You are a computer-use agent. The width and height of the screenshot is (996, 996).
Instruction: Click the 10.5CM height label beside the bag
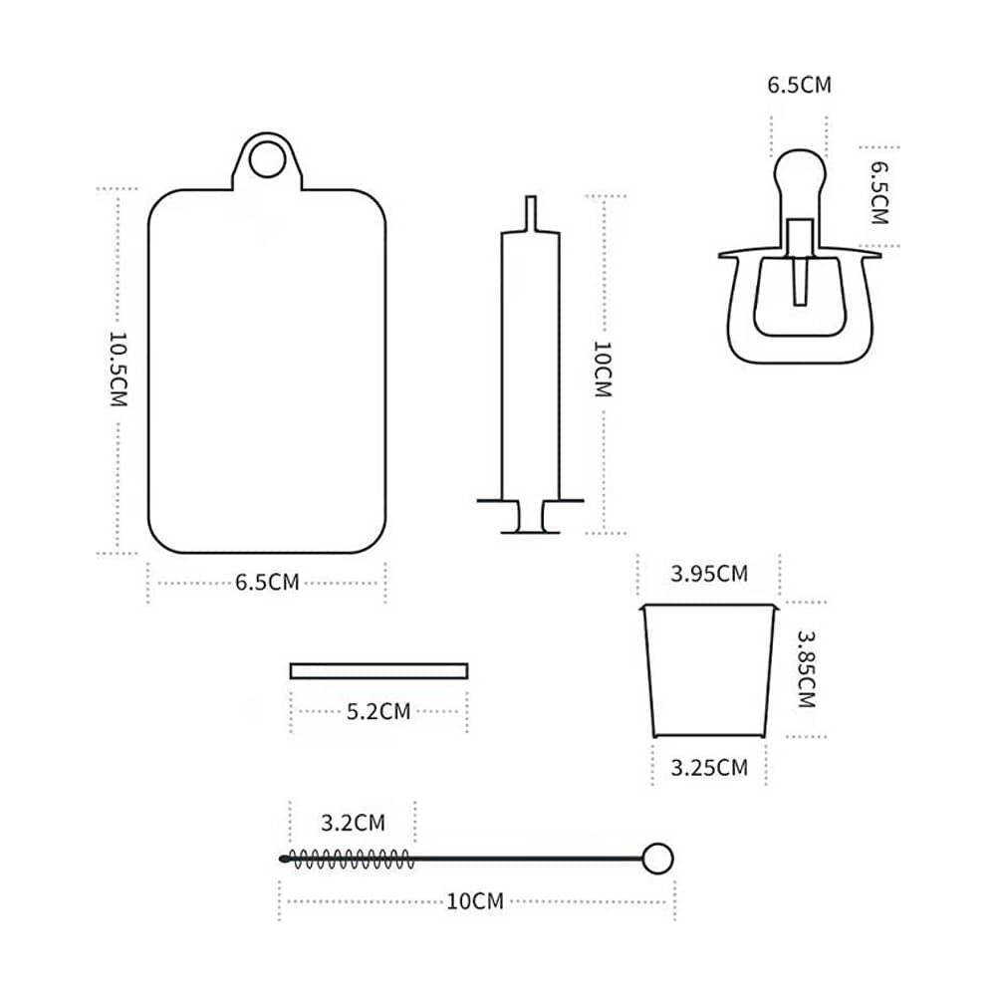click(x=119, y=370)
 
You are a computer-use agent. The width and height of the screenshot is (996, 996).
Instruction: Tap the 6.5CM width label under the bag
click(x=267, y=583)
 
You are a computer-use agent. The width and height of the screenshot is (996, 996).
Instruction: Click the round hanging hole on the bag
click(x=267, y=158)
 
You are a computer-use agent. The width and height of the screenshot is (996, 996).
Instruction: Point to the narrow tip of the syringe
click(x=531, y=213)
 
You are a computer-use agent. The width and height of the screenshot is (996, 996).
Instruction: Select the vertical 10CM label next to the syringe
click(x=603, y=370)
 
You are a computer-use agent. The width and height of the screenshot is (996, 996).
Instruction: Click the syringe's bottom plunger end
click(x=531, y=531)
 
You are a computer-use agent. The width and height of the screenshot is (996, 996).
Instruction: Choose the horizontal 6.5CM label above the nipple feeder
click(x=799, y=85)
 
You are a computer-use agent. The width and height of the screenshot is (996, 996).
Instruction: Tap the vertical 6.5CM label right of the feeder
click(x=879, y=192)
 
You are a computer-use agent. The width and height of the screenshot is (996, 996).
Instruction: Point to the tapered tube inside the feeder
click(x=801, y=280)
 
